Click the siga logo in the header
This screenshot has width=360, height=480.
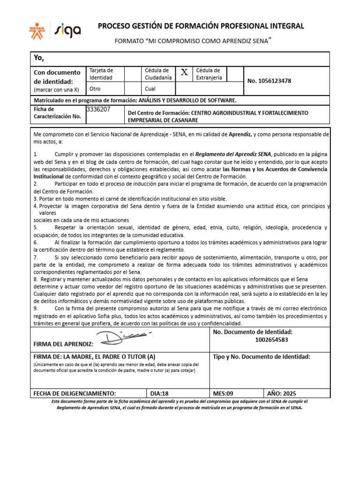[x=68, y=30]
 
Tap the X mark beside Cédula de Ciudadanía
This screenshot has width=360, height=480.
[x=184, y=72]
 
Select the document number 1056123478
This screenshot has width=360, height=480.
[x=269, y=81]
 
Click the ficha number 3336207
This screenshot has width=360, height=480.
[x=98, y=109]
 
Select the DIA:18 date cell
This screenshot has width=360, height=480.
[x=159, y=393]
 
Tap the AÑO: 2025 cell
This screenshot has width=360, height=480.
[x=282, y=393]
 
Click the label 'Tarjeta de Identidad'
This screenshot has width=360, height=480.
[x=101, y=74]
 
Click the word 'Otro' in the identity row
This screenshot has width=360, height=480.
[x=95, y=88]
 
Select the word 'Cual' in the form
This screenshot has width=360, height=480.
[x=150, y=88]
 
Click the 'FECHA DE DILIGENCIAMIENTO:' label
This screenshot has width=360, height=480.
[x=75, y=393]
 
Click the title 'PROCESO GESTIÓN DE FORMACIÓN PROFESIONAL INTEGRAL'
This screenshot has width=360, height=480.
[x=201, y=26]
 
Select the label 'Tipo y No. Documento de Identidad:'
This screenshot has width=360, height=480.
[x=262, y=357]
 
